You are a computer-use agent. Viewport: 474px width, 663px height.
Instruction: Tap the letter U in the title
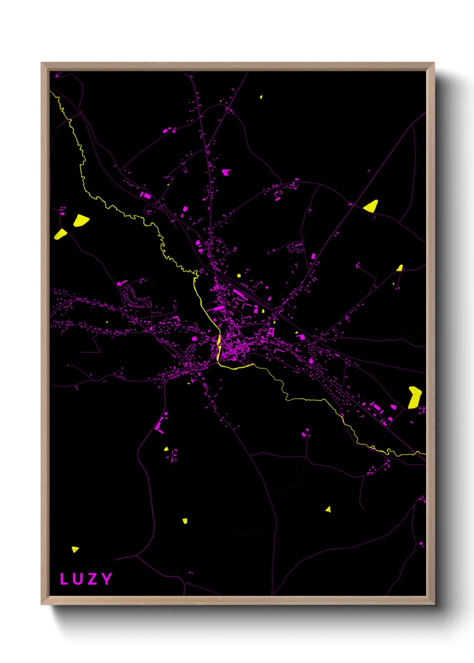coord(78,579)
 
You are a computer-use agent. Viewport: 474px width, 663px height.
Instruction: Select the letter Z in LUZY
coord(92,579)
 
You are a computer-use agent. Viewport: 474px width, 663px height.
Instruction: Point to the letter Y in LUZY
coord(107,579)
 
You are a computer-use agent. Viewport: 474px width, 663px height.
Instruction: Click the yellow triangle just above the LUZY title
coord(75,549)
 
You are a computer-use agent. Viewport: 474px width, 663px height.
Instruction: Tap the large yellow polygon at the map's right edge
coord(415,397)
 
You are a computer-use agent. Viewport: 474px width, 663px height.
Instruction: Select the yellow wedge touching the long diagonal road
coord(371,206)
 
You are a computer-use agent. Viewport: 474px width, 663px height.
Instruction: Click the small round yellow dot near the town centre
coord(239,276)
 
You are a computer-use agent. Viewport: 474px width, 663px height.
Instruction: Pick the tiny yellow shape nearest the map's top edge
coord(261,97)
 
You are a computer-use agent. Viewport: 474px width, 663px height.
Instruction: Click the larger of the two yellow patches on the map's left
coord(81,220)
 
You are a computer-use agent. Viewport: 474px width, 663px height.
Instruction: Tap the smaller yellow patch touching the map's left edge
coord(60,234)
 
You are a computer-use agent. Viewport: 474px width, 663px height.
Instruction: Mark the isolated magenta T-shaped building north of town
coord(226,172)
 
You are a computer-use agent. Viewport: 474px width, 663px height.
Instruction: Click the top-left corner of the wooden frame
coord(42,63)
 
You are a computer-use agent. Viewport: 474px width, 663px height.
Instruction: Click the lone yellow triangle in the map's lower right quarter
coord(328,509)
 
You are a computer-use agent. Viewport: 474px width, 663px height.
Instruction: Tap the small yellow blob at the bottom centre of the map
coord(185,521)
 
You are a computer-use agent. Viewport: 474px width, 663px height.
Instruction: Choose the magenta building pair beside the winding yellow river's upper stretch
coord(146,195)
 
